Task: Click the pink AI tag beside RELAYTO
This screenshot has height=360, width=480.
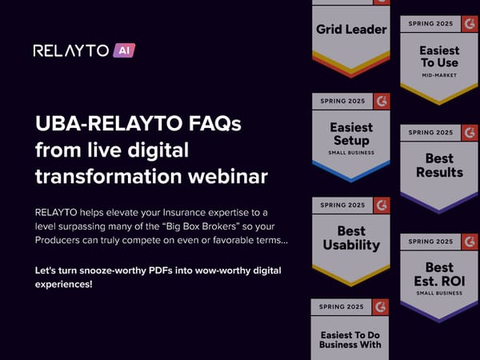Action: click(x=123, y=50)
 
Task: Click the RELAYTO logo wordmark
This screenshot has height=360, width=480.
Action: click(x=70, y=50)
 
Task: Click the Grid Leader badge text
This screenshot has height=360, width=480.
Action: click(x=351, y=30)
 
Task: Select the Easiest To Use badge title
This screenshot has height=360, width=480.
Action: click(x=439, y=56)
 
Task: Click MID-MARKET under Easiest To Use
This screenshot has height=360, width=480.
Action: click(x=439, y=76)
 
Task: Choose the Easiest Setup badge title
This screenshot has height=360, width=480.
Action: click(x=351, y=134)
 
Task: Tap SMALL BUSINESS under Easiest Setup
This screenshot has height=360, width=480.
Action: click(x=351, y=152)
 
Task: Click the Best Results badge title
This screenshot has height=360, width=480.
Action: click(x=439, y=166)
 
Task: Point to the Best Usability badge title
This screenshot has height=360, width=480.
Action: click(x=351, y=238)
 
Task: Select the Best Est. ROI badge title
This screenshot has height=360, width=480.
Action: click(x=439, y=274)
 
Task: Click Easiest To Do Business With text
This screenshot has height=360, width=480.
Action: click(x=350, y=339)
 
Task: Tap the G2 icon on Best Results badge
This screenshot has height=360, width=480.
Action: click(x=469, y=132)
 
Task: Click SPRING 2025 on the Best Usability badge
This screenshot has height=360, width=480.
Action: click(x=342, y=206)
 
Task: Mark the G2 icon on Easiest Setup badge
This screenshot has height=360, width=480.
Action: click(x=381, y=102)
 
